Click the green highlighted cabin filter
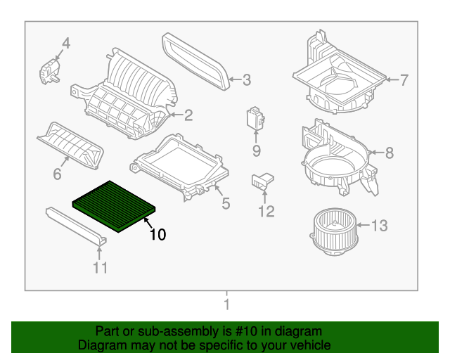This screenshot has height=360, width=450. pyautogui.click(x=115, y=204)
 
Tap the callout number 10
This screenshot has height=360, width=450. pyautogui.click(x=158, y=235)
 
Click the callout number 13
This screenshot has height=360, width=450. pyautogui.click(x=379, y=226)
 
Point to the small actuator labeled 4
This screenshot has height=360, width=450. pyautogui.click(x=50, y=71)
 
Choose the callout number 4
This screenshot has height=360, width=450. pyautogui.click(x=66, y=44)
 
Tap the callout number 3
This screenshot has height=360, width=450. pyautogui.click(x=246, y=81)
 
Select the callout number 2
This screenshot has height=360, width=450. pyautogui.click(x=188, y=115)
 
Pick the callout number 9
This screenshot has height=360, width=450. pyautogui.click(x=257, y=150)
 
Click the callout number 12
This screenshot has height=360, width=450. pyautogui.click(x=266, y=211)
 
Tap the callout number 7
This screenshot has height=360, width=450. pyautogui.click(x=404, y=80)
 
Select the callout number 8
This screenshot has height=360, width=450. pyautogui.click(x=390, y=153)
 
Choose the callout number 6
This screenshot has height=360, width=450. pyautogui.click(x=58, y=174)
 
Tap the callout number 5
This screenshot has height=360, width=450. pyautogui.click(x=225, y=204)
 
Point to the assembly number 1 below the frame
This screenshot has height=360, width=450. pyautogui.click(x=226, y=305)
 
